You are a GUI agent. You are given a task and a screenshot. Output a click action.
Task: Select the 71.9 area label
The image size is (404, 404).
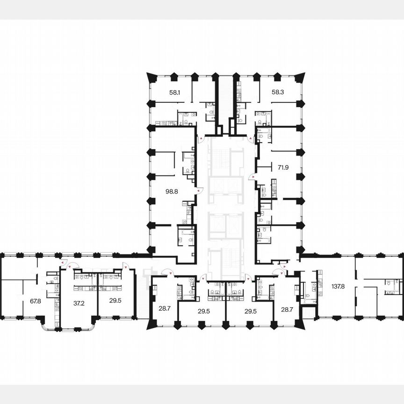tap(283, 166)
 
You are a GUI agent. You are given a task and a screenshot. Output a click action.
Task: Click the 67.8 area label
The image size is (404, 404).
tap(36, 301)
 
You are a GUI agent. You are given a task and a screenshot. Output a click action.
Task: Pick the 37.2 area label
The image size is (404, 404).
tap(79, 303)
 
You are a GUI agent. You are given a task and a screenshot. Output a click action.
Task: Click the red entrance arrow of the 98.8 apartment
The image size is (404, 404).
tap(199, 191)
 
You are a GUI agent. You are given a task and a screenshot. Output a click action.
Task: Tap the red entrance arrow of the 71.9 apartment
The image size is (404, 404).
tap(252, 177)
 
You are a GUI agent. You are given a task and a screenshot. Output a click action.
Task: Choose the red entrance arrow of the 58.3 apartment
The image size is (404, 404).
tap(251, 139)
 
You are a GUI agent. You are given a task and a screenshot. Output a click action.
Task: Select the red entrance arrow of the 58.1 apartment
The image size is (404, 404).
tap(200, 139)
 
